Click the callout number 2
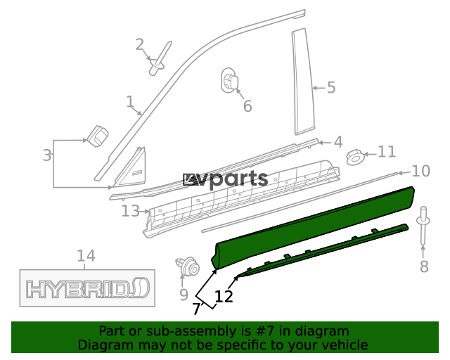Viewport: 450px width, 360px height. point(139,44)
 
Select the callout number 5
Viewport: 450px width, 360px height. point(331,87)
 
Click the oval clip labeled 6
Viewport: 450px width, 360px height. point(229,80)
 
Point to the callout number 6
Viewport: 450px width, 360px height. point(247,106)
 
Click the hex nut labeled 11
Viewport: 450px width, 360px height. point(355,157)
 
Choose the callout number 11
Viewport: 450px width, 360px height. point(387,152)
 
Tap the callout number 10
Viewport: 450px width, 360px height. point(420,171)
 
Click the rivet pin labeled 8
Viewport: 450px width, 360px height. point(423,226)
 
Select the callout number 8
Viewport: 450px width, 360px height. point(424,266)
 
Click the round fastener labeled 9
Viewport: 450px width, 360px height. point(188,266)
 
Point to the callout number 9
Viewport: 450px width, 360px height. point(184,295)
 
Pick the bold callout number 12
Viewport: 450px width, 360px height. point(224,296)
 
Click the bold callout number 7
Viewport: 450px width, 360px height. point(197,309)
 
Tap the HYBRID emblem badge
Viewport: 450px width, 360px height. point(87,288)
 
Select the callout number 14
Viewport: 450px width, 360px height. point(86,255)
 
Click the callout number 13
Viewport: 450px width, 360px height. point(131,211)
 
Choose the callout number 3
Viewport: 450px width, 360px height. point(47,155)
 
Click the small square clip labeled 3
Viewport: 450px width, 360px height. point(98,136)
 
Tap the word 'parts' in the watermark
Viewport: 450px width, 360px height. point(238,179)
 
